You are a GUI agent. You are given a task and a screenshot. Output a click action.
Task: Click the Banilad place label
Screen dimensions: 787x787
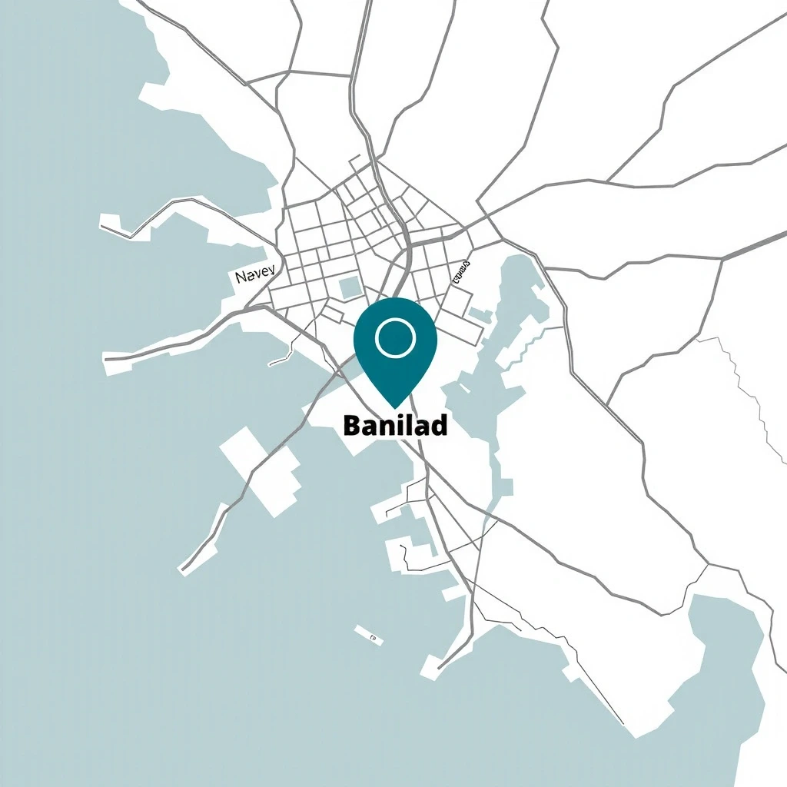(395, 425)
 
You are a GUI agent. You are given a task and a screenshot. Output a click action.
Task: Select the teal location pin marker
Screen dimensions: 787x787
(395, 346)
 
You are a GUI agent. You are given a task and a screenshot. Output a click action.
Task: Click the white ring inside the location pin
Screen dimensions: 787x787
(395, 337)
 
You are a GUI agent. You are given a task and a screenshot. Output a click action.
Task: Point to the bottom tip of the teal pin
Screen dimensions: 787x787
(395, 406)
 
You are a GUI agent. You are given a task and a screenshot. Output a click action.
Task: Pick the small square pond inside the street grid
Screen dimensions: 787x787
(350, 287)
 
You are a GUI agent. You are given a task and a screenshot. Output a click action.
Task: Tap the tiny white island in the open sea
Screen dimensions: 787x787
(369, 635)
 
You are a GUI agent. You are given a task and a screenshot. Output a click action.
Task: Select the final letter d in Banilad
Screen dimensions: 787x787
(439, 425)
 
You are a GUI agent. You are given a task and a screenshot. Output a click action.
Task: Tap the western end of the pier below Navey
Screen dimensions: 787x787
(108, 358)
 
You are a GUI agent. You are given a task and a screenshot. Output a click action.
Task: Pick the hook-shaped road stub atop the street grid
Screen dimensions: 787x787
(356, 161)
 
